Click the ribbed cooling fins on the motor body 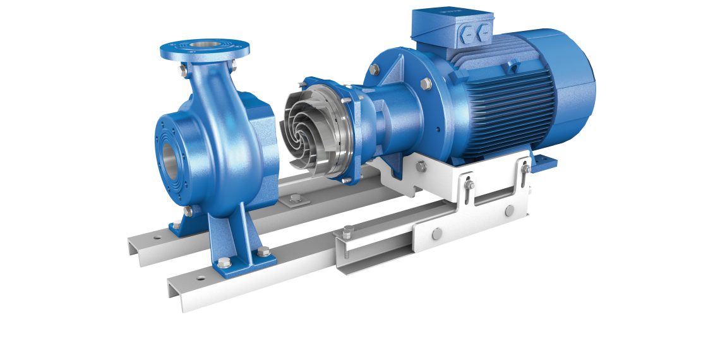click(505, 107)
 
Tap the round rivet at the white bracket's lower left click(435, 235)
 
